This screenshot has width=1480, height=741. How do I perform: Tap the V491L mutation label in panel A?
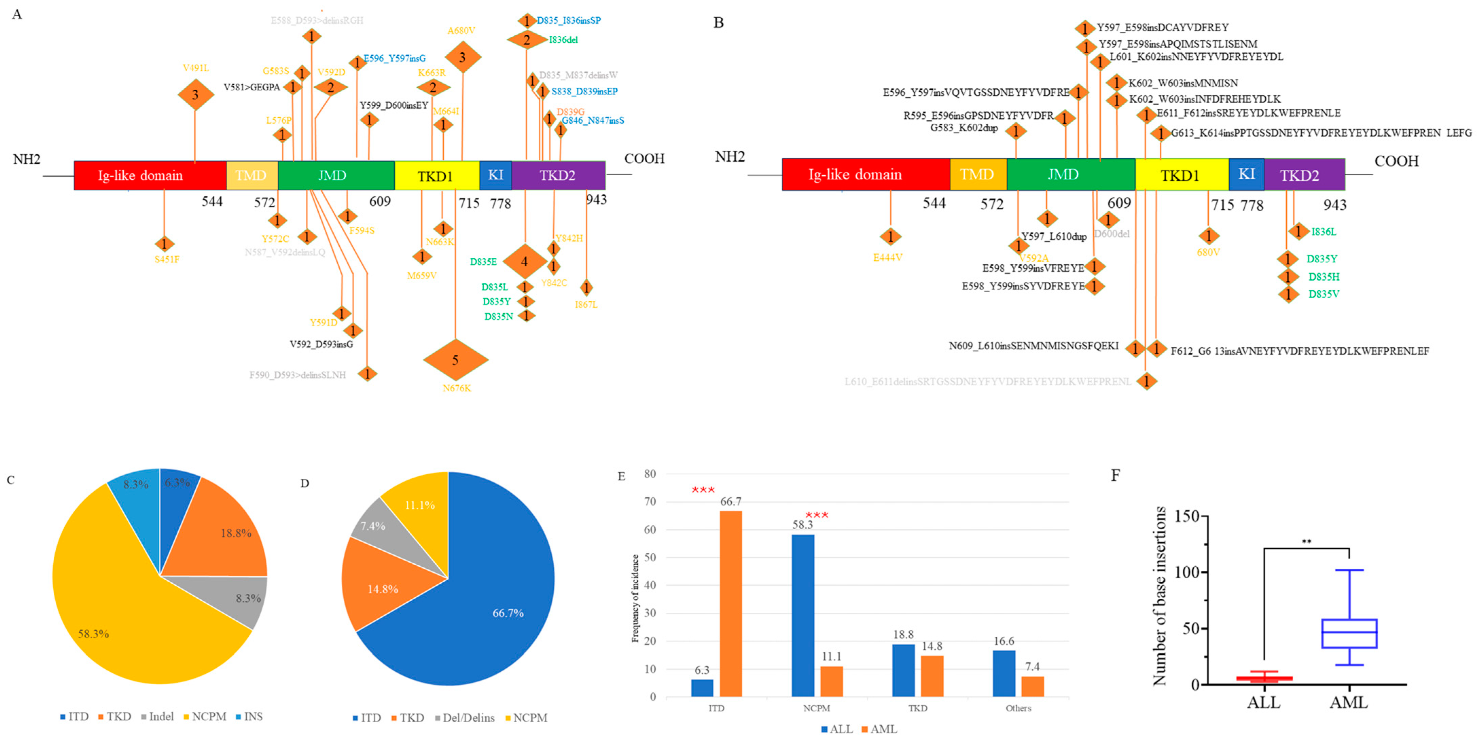(x=195, y=68)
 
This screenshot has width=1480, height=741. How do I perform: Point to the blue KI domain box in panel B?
(x=1246, y=174)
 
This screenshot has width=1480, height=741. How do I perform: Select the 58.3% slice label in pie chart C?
(x=94, y=634)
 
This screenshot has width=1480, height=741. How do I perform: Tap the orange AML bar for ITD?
(x=731, y=604)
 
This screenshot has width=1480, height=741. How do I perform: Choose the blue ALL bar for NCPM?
(x=803, y=615)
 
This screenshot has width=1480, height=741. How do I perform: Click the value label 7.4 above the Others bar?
(x=1032, y=667)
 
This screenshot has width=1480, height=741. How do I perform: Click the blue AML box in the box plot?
(x=1349, y=634)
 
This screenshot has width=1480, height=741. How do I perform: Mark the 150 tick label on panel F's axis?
(x=1187, y=516)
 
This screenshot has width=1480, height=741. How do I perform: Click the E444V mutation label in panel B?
(x=888, y=258)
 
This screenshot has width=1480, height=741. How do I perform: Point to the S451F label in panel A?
(x=167, y=259)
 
